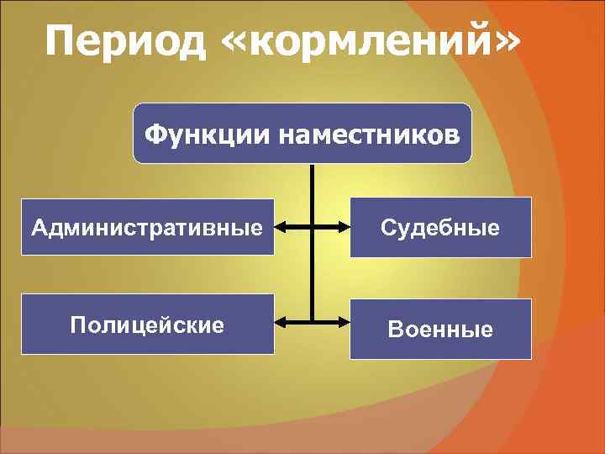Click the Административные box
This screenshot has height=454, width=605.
(x=148, y=226)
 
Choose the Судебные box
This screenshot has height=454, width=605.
(x=440, y=227)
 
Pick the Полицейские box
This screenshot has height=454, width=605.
(x=148, y=324)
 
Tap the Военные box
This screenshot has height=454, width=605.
(x=440, y=329)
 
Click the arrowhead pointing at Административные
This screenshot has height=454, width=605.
(x=281, y=226)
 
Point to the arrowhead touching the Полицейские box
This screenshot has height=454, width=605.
(x=281, y=322)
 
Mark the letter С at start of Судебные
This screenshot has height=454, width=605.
(x=388, y=227)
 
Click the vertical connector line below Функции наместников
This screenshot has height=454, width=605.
(x=312, y=193)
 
